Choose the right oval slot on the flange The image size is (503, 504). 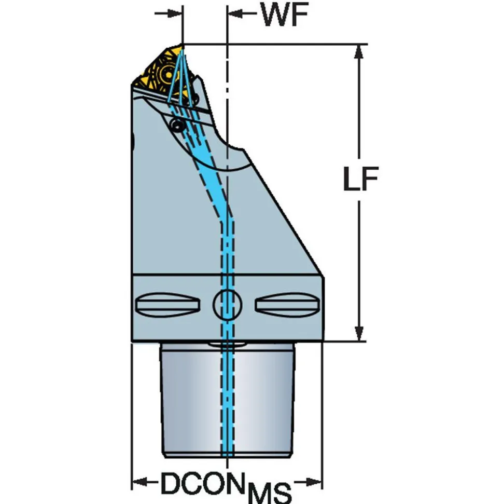287,305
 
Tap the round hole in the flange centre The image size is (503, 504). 228,305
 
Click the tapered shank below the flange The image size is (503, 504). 228,400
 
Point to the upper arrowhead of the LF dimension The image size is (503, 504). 359,51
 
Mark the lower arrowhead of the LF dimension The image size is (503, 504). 359,333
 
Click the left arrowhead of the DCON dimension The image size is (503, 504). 140,482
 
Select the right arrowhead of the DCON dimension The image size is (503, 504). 314,482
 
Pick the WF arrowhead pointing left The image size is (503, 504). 235,13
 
